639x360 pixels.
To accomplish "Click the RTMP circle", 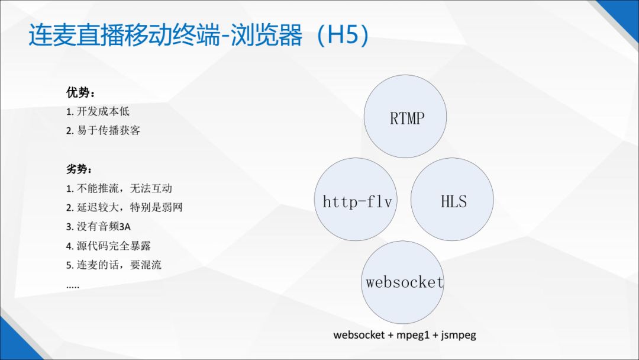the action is [405, 117].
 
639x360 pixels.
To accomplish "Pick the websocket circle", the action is [404, 282].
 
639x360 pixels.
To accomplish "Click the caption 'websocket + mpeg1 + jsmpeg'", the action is [405, 335].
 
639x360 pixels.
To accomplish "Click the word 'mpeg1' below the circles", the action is [412, 335].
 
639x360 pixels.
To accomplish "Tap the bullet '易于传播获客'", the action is [104, 130].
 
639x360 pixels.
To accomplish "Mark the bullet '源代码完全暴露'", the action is [112, 246].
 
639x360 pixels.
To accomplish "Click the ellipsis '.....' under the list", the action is [73, 286].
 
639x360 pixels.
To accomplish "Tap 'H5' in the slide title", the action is [343, 36].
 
